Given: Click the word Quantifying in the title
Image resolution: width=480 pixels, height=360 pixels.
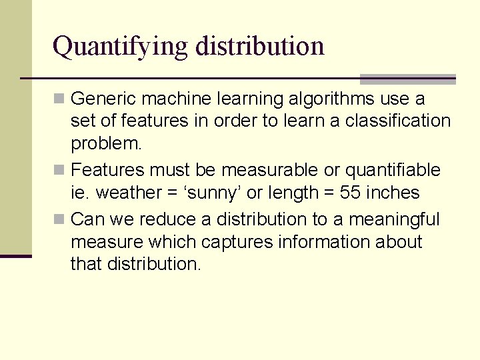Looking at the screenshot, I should (121, 47).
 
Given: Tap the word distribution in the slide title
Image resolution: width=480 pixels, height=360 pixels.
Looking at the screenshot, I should (261, 45).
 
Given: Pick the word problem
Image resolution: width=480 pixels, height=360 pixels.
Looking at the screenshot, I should (106, 144).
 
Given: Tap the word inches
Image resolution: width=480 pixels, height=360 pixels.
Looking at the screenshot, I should (393, 193).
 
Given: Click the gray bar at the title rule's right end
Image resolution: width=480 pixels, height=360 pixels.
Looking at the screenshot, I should (407, 79).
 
